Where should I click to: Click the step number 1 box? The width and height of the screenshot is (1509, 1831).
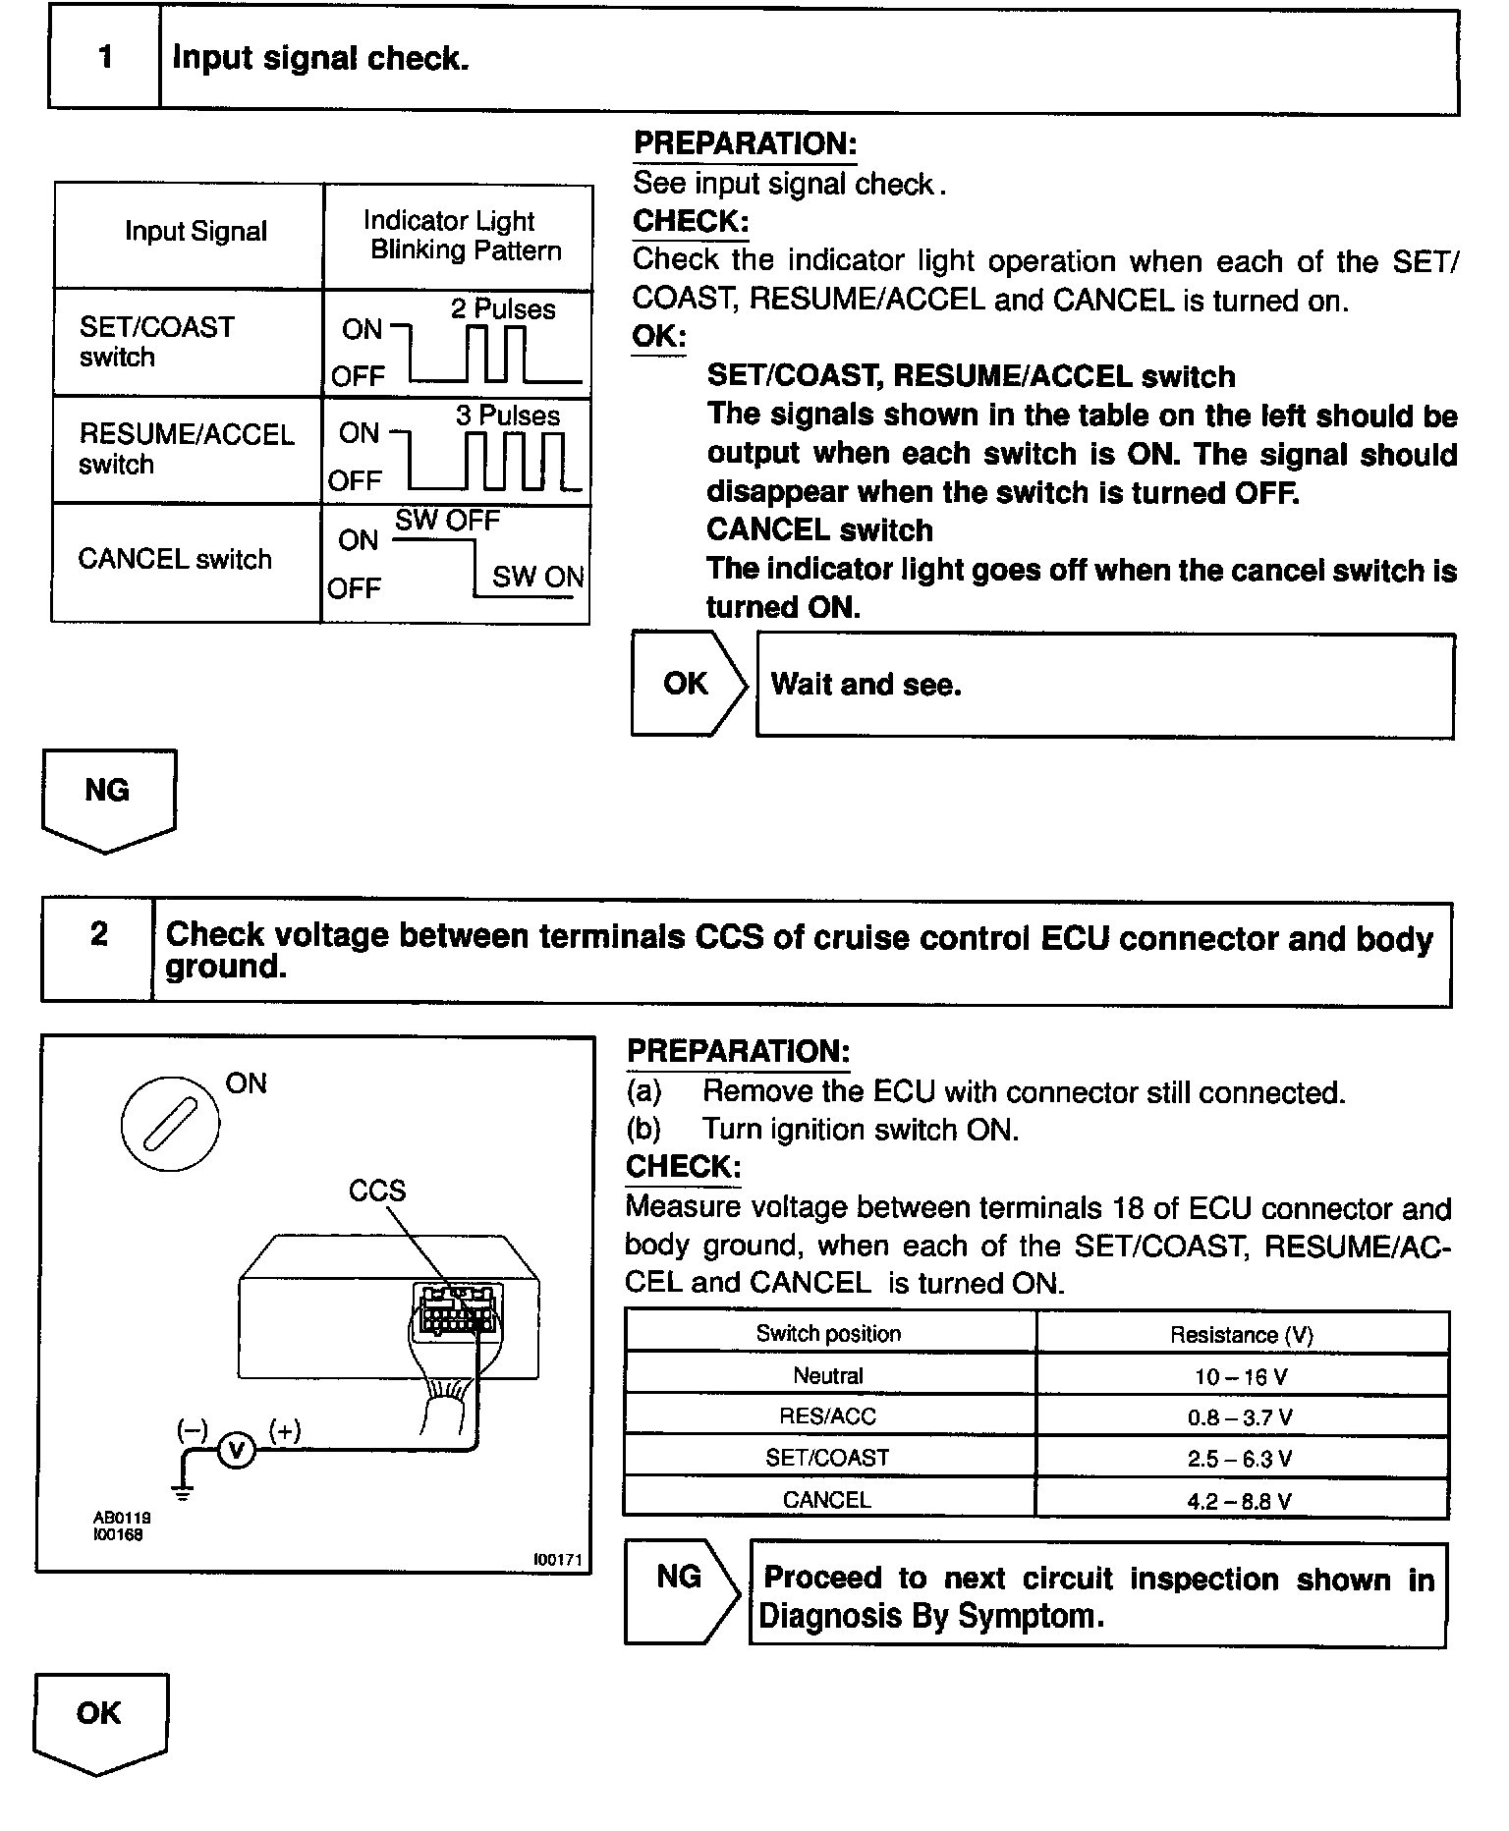[105, 58]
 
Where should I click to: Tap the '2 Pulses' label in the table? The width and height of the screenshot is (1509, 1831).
[503, 309]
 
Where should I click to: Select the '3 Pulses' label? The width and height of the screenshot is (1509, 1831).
[507, 416]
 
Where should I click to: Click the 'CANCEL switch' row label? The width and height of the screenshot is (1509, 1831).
[175, 560]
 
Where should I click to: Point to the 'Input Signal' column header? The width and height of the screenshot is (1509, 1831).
[196, 232]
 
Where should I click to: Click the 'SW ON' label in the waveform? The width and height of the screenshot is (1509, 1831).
[537, 577]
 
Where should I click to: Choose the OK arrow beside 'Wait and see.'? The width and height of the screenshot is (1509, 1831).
[687, 684]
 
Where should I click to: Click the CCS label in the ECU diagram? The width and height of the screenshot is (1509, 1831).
[376, 1192]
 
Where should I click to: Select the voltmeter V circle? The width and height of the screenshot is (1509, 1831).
[235, 1450]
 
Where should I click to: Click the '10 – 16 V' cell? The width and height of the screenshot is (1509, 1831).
[1241, 1377]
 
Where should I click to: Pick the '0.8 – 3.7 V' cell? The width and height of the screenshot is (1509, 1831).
[1241, 1417]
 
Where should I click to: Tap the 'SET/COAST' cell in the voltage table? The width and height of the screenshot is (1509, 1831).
[827, 1459]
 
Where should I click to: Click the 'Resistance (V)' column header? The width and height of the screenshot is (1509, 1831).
[1241, 1335]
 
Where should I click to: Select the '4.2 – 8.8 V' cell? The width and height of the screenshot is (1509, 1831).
[1241, 1501]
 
